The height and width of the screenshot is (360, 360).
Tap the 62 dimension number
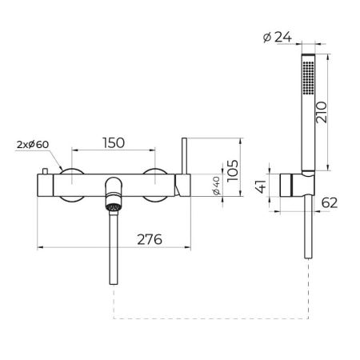click(x=328, y=203)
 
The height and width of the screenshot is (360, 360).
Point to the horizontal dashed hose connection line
click(x=208, y=319)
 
